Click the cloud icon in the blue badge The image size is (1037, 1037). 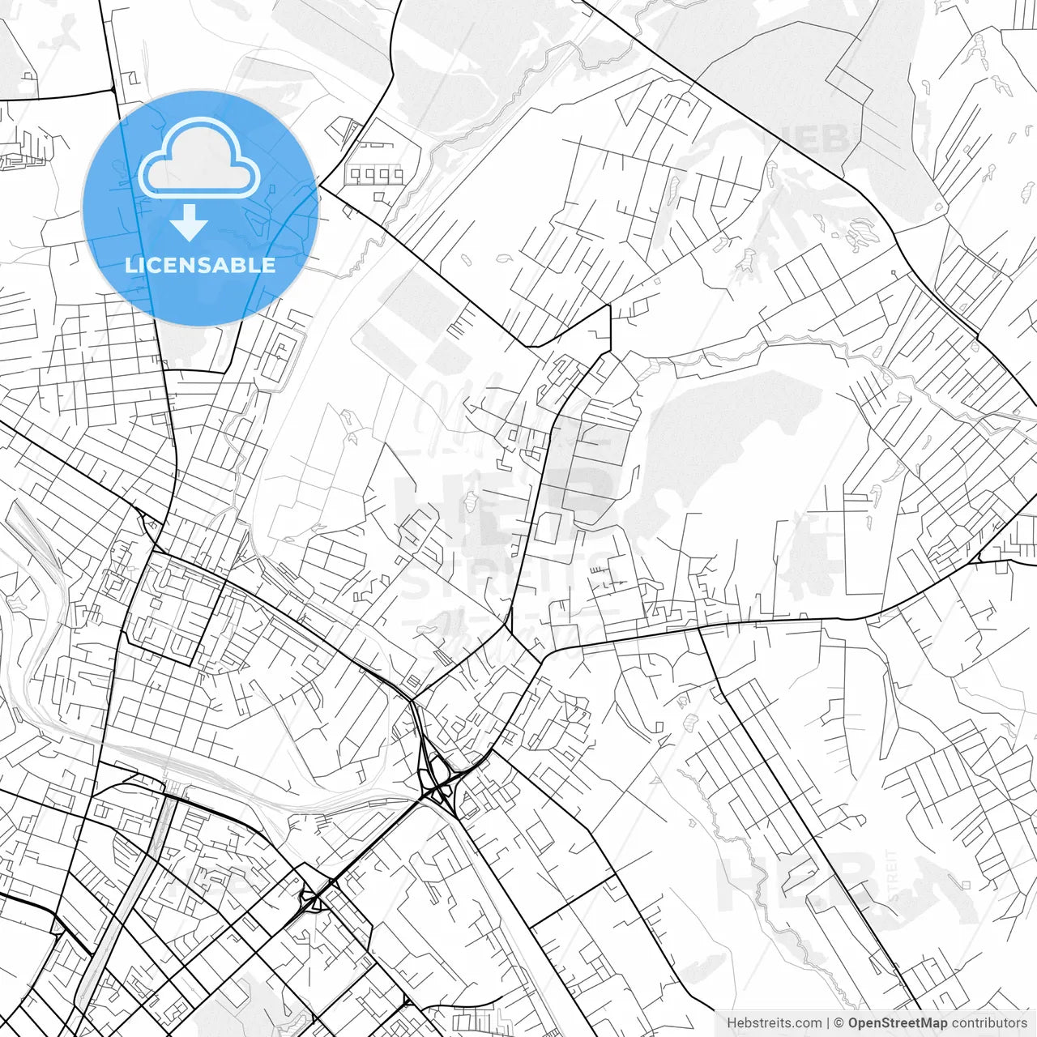coord(199,159)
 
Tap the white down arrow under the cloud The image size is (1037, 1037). coord(189,223)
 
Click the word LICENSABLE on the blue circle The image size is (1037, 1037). coord(200,265)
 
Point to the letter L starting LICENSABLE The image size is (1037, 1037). coord(130,265)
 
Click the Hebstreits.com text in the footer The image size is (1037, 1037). coord(774,1023)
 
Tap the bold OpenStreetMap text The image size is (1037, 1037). coord(898,1023)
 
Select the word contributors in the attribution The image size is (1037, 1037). coord(989,1023)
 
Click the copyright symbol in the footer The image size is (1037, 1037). coord(840,1023)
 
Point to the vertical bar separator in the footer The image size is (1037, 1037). coord(828,1023)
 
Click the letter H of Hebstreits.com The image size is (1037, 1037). coord(732,1023)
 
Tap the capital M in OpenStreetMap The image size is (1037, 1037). coord(931,1023)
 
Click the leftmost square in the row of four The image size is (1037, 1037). coord(354,174)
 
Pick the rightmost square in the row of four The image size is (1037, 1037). coord(397,174)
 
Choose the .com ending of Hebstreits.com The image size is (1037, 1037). coord(807,1023)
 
